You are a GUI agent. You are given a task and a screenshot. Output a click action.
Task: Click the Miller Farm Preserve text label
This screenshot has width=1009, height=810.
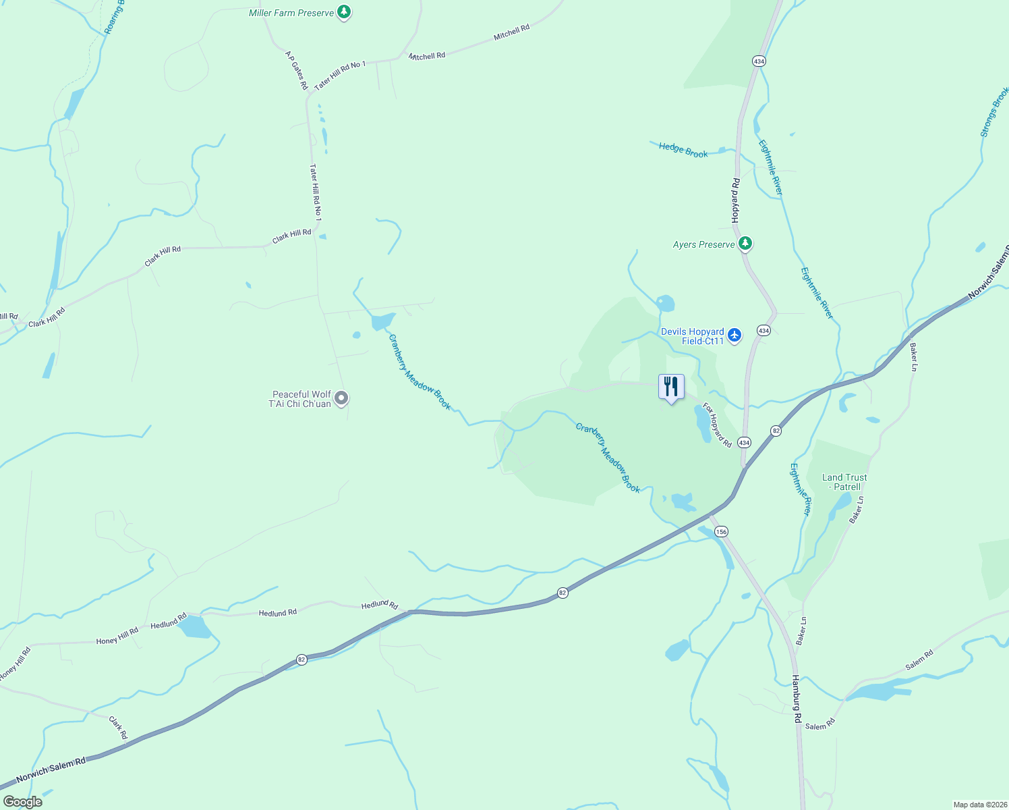[291, 13]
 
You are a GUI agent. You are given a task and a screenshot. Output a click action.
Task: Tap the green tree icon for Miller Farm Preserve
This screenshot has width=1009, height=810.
[344, 11]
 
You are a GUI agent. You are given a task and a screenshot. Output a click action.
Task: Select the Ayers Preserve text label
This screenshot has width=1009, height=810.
[703, 244]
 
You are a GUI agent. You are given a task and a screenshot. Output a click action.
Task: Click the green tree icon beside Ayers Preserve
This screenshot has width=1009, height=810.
[745, 243]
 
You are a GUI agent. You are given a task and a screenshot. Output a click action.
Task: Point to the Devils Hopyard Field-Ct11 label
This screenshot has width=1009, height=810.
[692, 336]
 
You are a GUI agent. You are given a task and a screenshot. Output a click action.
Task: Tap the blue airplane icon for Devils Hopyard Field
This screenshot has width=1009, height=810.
[734, 335]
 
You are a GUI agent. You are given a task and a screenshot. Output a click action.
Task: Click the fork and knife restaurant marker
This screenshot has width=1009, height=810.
[671, 387]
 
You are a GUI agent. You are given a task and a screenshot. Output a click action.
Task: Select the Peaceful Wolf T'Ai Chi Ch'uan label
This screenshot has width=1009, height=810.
[301, 399]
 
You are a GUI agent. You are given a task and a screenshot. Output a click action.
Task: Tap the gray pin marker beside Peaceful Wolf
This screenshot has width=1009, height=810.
[341, 398]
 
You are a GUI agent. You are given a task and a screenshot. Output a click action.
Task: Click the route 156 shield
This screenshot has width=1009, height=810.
[721, 532]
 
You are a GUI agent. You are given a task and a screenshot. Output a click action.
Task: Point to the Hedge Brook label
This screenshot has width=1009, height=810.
[683, 150]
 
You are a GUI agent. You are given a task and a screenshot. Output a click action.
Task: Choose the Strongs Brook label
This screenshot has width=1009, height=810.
[994, 112]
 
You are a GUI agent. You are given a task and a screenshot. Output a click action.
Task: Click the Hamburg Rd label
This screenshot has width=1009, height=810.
[797, 699]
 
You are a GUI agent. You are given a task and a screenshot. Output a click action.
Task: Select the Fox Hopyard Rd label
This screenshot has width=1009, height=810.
[717, 425]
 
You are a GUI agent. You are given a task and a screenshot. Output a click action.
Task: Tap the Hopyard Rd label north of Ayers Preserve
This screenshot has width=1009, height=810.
[735, 200]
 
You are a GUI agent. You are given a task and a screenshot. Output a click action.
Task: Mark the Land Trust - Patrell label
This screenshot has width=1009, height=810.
[844, 482]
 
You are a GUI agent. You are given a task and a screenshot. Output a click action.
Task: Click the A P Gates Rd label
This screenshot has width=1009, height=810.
[296, 70]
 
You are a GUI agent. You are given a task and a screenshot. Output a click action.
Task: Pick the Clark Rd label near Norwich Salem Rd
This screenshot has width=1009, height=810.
[118, 728]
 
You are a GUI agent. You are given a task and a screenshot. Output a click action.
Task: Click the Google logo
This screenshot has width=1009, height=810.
[22, 802]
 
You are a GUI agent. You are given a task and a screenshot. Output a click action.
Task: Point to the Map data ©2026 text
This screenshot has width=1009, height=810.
[979, 805]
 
